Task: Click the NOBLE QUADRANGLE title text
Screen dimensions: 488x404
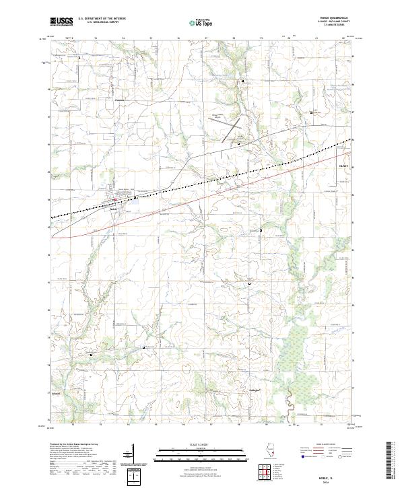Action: pyautogui.click(x=338, y=18)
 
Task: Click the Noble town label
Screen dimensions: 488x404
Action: pyautogui.click(x=113, y=207)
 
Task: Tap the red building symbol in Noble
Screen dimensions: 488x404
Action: pyautogui.click(x=115, y=199)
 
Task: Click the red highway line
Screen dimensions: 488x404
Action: pyautogui.click(x=202, y=199)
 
